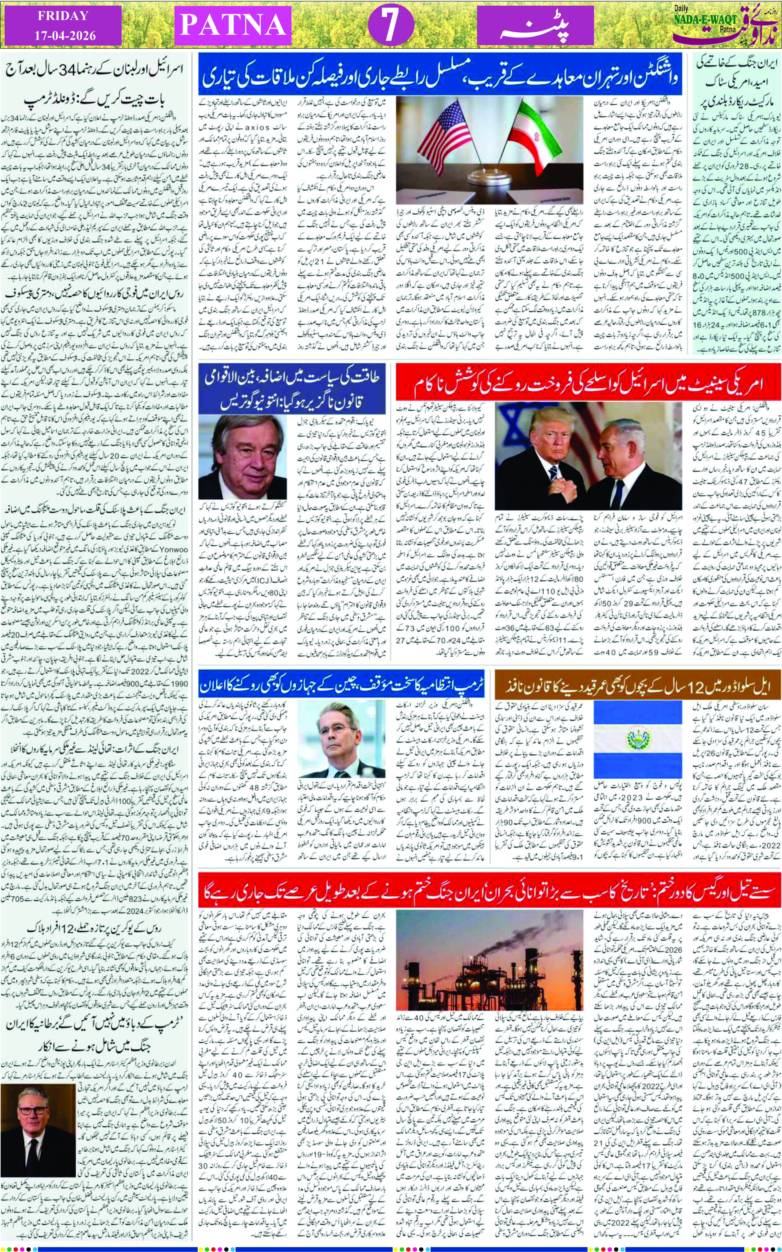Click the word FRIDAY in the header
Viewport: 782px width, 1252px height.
tap(63, 15)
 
